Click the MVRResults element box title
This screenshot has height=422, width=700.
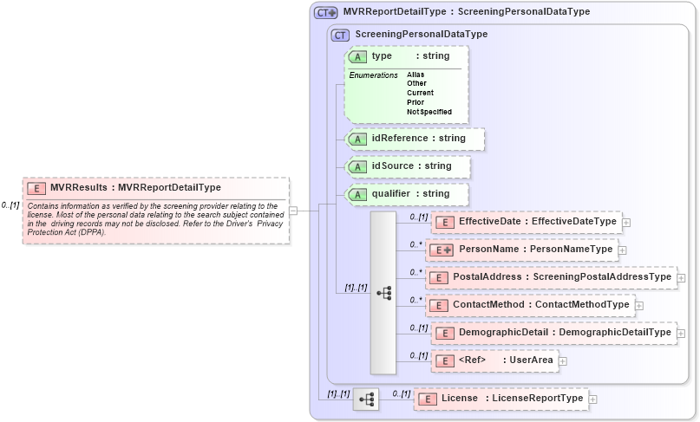pos(135,187)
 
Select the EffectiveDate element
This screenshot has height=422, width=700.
pos(526,222)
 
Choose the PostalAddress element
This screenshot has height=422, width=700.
pos(552,277)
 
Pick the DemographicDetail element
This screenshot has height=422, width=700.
pos(553,333)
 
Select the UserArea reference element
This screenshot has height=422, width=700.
pos(494,360)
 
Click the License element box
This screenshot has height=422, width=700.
pos(500,399)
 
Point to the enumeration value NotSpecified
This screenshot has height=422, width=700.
pos(429,112)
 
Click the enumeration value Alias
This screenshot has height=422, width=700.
pos(415,75)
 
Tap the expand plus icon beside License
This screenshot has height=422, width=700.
pos(593,399)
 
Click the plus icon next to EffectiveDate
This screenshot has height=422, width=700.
pos(626,223)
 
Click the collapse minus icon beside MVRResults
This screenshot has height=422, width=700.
pos(293,209)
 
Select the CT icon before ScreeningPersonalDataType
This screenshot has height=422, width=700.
pos(340,35)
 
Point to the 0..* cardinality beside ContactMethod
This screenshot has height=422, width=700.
pos(416,300)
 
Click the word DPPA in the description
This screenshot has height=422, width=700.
pos(82,232)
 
